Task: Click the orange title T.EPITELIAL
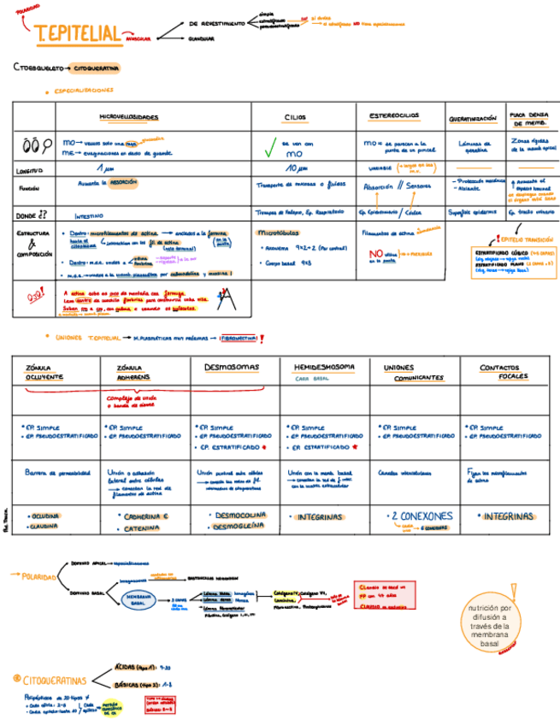tap(77, 33)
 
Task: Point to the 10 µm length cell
tap(297, 168)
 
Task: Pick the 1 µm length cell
tap(106, 168)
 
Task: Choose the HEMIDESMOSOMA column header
tap(323, 367)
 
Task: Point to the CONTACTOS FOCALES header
tap(504, 372)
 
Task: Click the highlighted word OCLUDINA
tap(44, 516)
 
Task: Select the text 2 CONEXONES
tap(420, 516)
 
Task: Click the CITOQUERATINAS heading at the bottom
tap(55, 681)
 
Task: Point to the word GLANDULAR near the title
tap(202, 38)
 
